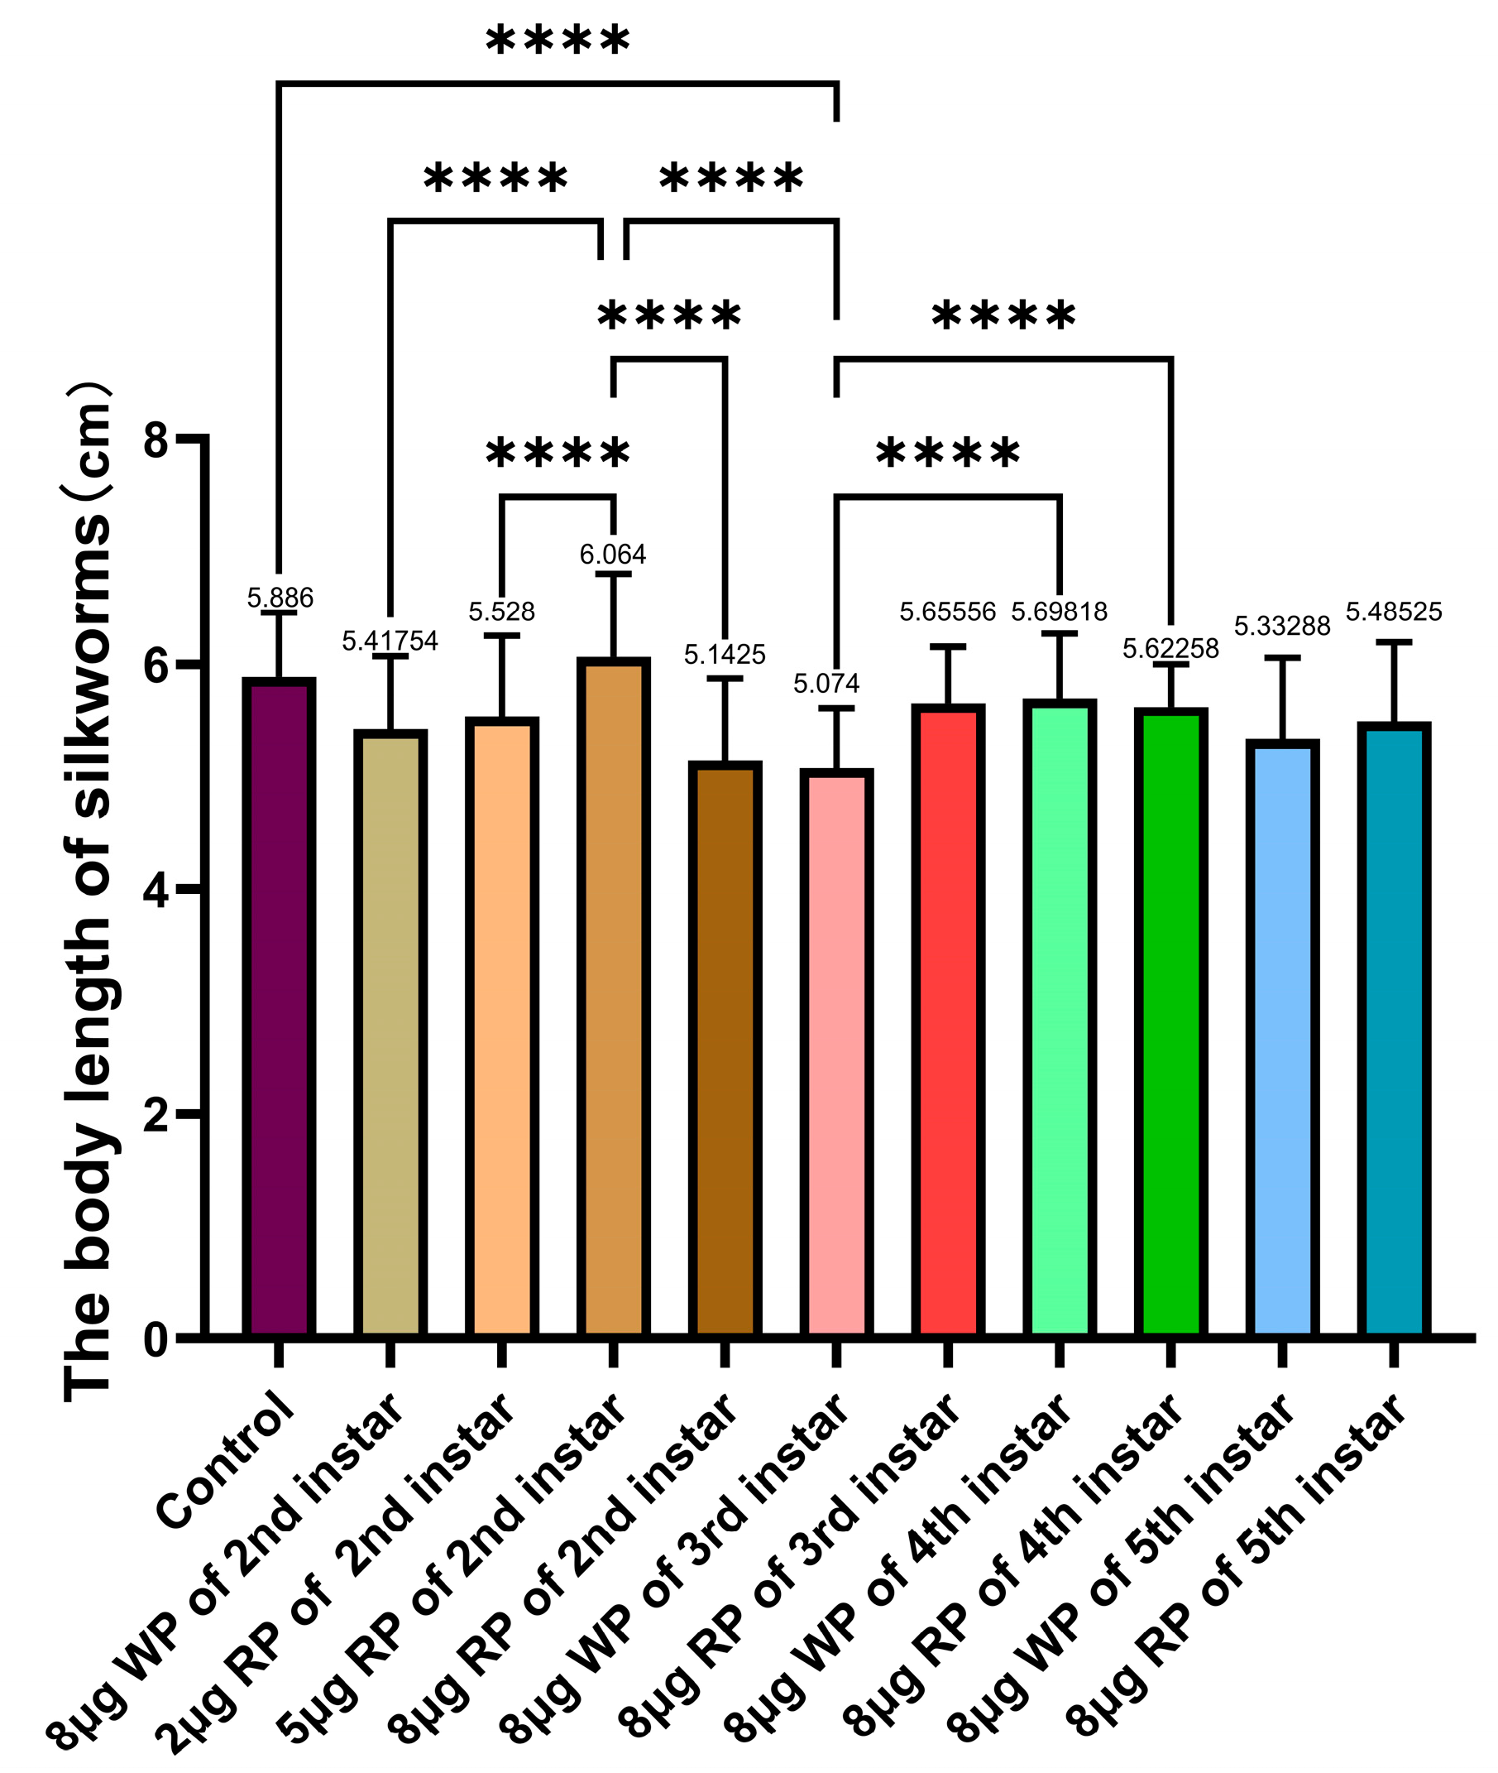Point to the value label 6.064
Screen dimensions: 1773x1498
613,555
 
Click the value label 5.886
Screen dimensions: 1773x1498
280,598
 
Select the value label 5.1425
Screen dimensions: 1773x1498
725,655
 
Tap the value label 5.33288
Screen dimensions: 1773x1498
1282,626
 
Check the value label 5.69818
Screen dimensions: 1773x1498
1059,612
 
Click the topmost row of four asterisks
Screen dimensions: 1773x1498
558,41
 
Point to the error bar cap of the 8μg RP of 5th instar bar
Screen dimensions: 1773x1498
1394,642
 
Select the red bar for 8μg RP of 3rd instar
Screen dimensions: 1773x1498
948,1020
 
